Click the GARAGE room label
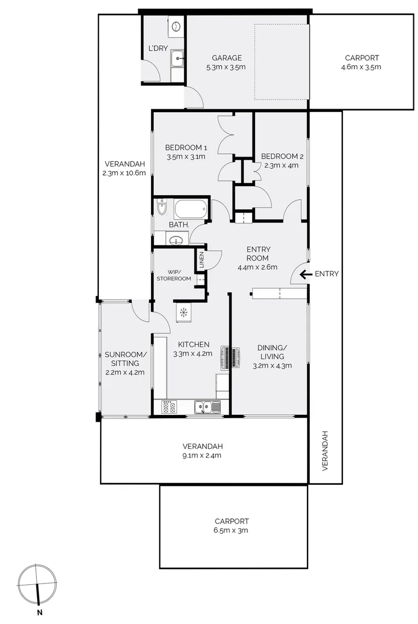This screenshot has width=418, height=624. coord(226,58)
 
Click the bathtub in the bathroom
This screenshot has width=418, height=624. coord(190,209)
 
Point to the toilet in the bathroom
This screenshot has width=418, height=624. coord(161,207)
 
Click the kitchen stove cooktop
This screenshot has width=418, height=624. coord(169,407)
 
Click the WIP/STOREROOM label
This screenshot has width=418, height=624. coord(173,275)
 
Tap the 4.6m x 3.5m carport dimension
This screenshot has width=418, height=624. coord(361,67)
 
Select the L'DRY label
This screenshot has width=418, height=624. coord(158,49)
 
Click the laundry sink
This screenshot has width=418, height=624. coord(177,58)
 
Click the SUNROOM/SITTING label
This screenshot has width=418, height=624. coord(125,359)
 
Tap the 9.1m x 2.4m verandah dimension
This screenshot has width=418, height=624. coord(202,455)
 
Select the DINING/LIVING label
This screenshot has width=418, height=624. coord(272,352)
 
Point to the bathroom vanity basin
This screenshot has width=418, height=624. coord(176,240)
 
